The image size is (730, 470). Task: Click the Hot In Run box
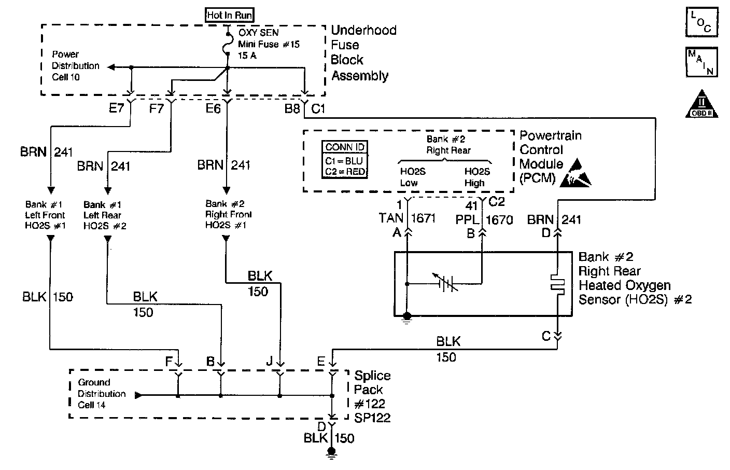230,15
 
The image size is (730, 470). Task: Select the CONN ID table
345,160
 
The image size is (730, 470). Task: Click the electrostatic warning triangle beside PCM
579,173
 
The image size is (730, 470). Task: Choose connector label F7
157,109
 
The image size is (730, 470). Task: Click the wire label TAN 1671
407,218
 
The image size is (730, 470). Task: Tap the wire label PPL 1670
484,219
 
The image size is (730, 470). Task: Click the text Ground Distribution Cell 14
101,394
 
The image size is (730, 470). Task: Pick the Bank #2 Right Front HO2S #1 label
228,214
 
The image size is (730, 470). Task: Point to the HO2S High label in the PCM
476,177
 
